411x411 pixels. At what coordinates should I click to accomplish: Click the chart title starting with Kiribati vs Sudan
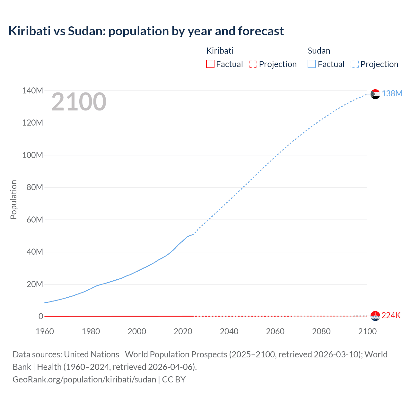(146, 31)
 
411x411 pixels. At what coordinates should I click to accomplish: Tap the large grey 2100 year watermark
(79, 102)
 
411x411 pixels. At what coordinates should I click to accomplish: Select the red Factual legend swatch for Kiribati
(210, 64)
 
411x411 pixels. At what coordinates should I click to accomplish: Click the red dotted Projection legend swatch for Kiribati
(253, 64)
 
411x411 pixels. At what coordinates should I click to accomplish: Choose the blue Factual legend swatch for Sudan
(312, 64)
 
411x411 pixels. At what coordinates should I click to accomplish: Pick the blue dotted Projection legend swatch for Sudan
(355, 64)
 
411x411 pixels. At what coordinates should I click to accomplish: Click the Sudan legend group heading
(319, 51)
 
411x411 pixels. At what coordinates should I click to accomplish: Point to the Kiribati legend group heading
(220, 51)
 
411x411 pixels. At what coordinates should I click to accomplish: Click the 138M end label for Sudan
(392, 93)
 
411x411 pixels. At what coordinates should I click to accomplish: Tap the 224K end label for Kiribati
(391, 316)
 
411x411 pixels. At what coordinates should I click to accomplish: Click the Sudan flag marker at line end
(375, 94)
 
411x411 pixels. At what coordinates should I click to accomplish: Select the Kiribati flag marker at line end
(375, 316)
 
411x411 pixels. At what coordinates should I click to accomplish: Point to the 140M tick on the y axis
(32, 91)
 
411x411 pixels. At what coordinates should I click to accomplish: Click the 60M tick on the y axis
(34, 220)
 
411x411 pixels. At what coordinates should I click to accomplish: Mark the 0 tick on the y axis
(41, 316)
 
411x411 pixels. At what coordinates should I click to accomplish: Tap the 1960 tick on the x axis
(45, 331)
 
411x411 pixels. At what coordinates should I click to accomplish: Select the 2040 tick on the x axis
(229, 331)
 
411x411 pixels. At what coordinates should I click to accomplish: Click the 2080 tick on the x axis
(321, 331)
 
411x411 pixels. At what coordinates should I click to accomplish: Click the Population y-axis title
(13, 199)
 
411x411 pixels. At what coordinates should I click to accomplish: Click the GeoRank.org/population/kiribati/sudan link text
(84, 380)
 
